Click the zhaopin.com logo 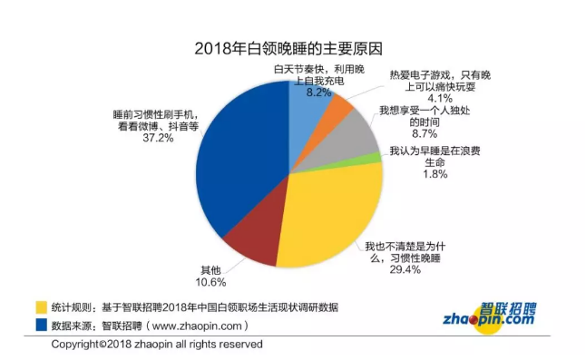pyautogui.click(x=489, y=314)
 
